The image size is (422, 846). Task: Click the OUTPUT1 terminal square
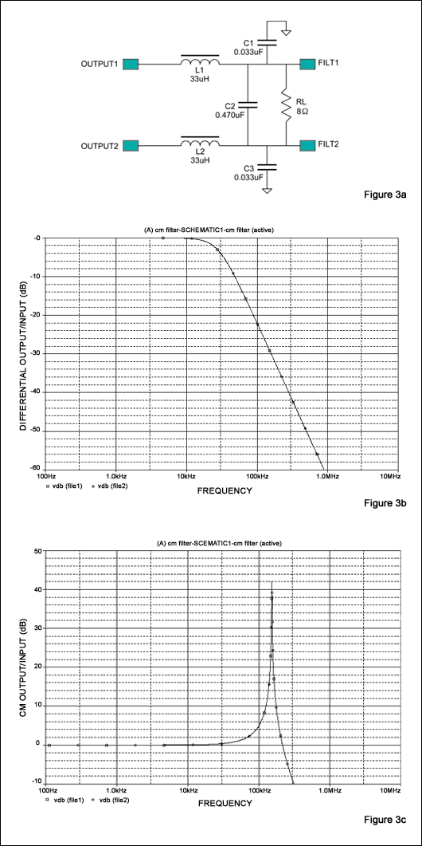(131, 64)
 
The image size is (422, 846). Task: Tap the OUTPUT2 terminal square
(131, 146)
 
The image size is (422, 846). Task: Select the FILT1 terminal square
(307, 64)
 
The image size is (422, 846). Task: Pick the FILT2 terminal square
(307, 146)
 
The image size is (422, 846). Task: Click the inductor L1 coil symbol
(200, 61)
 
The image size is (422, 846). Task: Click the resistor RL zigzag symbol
(284, 104)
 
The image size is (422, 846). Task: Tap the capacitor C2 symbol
(250, 104)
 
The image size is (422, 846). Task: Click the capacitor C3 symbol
(268, 167)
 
